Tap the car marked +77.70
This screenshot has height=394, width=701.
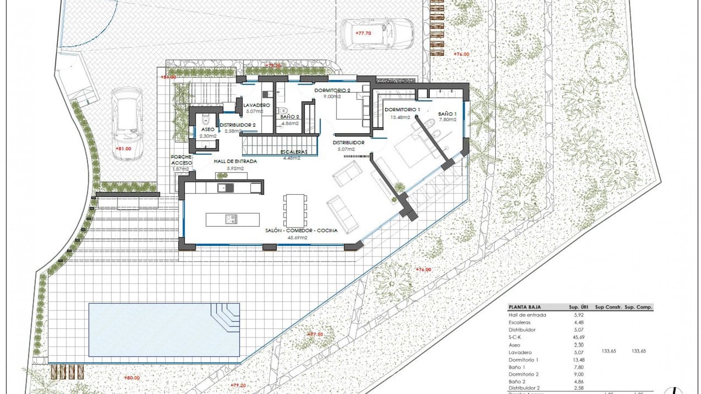[377, 34]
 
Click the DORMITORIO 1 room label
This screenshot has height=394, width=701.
[402, 110]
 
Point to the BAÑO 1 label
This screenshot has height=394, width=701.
[447, 114]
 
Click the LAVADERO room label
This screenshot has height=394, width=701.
[257, 106]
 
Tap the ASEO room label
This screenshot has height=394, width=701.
[208, 130]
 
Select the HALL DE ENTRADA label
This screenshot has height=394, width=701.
[235, 162]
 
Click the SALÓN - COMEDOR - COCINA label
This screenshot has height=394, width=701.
[301, 230]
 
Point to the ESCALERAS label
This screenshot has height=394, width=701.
[294, 152]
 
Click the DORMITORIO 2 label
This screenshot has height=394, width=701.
[332, 91]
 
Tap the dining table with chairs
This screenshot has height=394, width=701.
[294, 210]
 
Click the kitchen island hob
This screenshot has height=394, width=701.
[231, 219]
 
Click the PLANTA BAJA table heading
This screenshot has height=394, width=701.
[524, 307]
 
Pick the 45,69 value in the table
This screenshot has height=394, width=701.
[578, 337]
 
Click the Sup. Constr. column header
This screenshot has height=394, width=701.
[608, 307]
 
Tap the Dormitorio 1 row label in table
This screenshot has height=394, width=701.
[523, 360]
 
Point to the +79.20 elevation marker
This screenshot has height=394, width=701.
[238, 386]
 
